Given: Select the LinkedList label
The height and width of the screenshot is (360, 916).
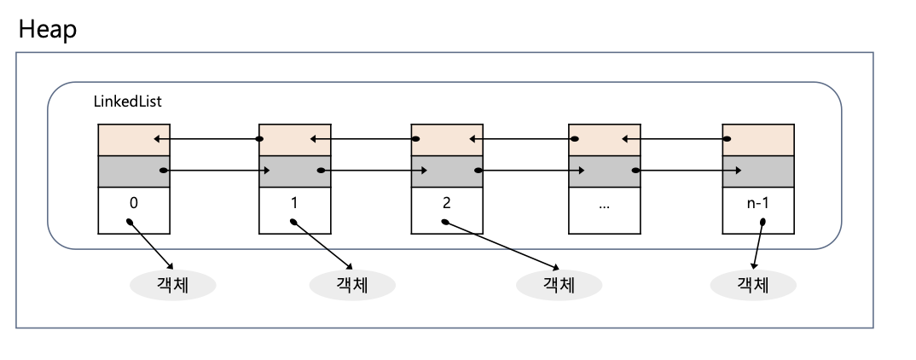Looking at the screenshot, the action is pos(128,102).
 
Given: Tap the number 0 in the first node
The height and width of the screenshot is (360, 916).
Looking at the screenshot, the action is pos(134,206).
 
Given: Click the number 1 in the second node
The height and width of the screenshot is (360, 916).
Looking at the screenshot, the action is pos(294,206).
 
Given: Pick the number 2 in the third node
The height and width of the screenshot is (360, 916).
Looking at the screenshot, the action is pos(448,206).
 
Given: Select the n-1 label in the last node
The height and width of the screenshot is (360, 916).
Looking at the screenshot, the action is pos(757,206).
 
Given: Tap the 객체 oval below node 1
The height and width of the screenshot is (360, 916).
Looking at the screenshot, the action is pos(351,284).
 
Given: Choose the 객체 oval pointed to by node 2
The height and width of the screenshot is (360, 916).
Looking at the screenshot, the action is pos(559,284).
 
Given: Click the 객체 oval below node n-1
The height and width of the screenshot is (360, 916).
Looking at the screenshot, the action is pos(753,284).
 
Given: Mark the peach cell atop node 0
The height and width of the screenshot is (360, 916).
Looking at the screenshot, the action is pos(134,139).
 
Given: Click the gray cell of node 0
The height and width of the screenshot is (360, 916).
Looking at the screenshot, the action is pos(134,171).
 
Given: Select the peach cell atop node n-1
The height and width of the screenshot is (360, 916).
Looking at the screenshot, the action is pos(758,139).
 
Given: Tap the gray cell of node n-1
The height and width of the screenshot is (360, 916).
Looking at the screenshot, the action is pos(758,171).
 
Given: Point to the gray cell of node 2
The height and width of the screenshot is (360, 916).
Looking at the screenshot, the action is pos(448,171).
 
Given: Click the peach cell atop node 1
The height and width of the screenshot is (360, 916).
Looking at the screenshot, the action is pos(294,139).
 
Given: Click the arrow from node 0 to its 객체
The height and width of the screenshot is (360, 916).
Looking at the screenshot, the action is pos(152,245).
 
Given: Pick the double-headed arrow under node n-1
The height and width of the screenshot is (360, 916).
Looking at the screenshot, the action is pos(757,245).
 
